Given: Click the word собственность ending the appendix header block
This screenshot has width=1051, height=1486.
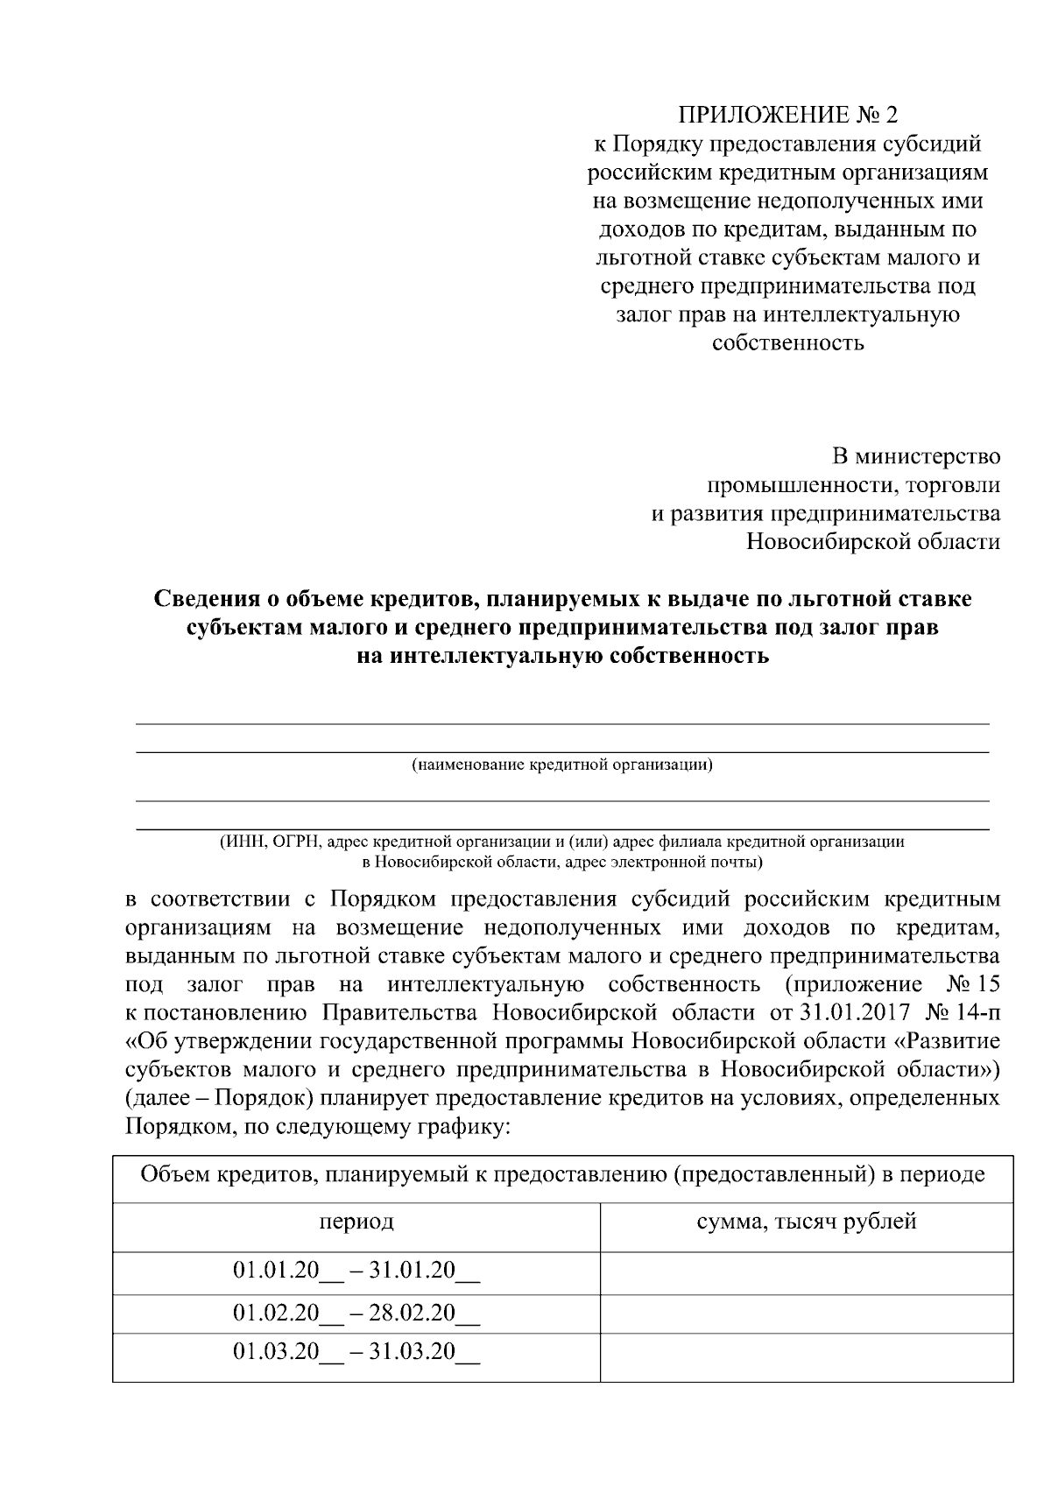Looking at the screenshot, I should pos(787,342).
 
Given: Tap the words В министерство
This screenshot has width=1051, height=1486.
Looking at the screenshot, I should pos(915,456).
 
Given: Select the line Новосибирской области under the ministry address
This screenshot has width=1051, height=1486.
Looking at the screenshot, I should pos(872,541).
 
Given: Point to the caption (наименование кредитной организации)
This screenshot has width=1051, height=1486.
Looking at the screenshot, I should pos(561,765).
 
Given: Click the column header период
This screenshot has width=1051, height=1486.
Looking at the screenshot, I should pos(356,1222).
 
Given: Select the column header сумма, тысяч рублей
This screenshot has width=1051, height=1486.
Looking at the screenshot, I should pos(806,1222).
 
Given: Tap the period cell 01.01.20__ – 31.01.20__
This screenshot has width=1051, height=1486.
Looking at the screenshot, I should pos(356,1271).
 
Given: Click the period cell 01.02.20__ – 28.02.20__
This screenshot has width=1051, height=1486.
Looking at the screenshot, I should pos(356,1313).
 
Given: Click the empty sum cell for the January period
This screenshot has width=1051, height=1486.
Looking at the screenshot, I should pos(806,1272).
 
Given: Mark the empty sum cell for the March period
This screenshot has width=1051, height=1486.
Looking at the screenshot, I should pos(806,1356).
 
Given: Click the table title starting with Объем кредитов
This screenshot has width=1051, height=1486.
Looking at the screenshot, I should pos(562,1174).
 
